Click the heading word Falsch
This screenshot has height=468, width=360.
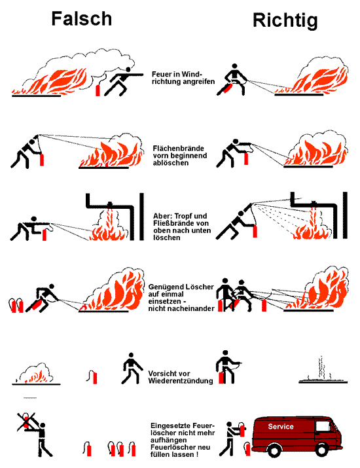point(82,19)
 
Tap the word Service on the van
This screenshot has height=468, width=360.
point(281,427)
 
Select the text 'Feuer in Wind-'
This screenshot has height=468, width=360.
point(177,75)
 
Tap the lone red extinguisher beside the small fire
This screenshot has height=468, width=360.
point(96,376)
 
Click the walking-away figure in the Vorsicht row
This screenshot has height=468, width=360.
point(130,369)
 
